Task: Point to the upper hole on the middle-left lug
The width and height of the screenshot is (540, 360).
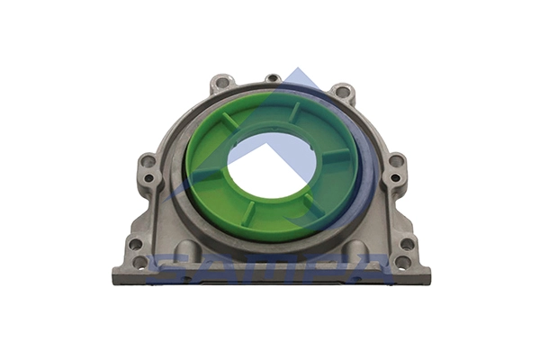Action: click(x=147, y=163)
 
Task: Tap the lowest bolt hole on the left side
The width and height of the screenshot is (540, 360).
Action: click(x=139, y=262)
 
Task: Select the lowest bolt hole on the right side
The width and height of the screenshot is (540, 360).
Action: click(x=401, y=262)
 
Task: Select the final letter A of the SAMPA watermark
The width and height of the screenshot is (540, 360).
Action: click(x=369, y=269)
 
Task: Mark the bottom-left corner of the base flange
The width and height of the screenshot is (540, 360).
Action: click(x=112, y=281)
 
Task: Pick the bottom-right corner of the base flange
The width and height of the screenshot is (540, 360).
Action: click(x=429, y=281)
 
